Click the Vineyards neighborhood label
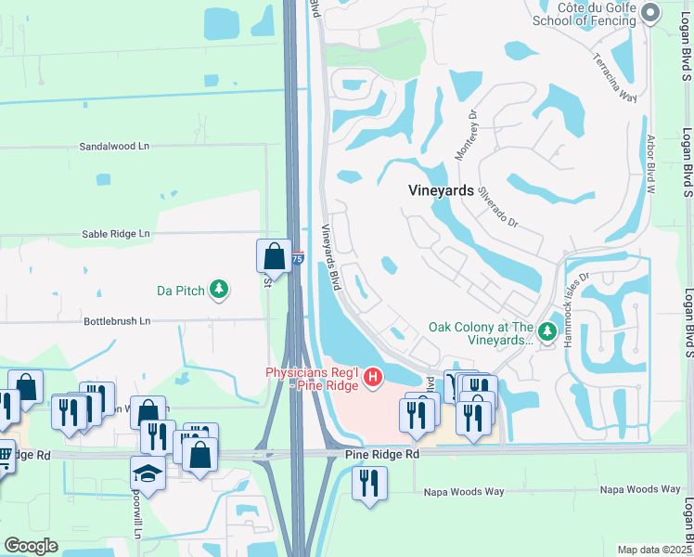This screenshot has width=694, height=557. pos(442,189)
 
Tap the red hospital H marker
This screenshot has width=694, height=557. pos(373,377)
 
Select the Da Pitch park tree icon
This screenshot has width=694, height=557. pos(219,291)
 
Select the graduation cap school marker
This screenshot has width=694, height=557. pos(148,473)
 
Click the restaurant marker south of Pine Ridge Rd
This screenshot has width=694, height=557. pos(369,483)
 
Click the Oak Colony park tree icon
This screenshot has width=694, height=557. pos(547,331)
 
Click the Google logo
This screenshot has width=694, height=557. pos(31,545)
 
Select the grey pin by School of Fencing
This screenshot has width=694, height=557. pos(649,13)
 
